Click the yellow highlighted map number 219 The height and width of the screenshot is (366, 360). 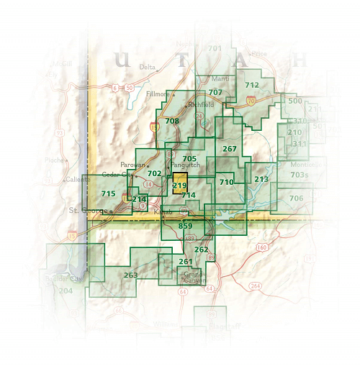pos(179,186)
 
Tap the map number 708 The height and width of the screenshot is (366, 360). pos(171,121)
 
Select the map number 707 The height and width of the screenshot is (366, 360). pos(215,93)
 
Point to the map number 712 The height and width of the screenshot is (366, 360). pos(251,85)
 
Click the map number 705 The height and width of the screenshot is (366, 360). pos(189,158)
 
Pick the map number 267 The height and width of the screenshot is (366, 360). pos(229,149)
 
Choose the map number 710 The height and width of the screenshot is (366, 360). pos(226,183)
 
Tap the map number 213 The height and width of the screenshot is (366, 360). pos(261,179)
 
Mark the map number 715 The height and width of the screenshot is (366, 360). pos(108,194)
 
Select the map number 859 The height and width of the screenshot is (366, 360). pos(185,227)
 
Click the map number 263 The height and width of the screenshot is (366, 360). pos(130,275)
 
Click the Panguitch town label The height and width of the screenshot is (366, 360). pos(186,165)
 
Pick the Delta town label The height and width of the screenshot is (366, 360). pos(147,68)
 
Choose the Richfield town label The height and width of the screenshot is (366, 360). pos(202,104)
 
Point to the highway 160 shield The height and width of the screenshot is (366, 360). pos(262,247)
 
